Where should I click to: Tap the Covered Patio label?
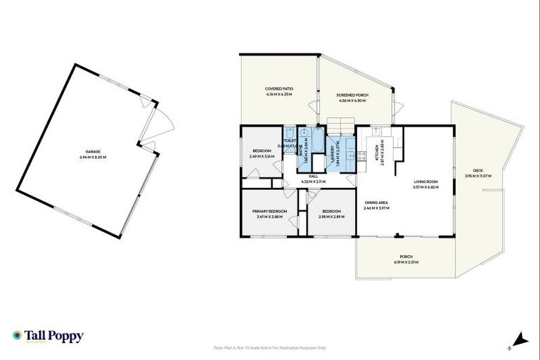click(x=278, y=89)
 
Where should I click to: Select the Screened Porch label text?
click(x=352, y=95)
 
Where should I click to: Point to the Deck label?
click(x=478, y=171)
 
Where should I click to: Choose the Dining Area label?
click(x=376, y=202)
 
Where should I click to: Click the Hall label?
click(x=313, y=176)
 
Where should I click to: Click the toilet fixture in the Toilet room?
click(x=290, y=131)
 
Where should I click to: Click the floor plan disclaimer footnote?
click(x=270, y=347)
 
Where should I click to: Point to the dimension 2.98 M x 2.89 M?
click(x=331, y=217)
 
